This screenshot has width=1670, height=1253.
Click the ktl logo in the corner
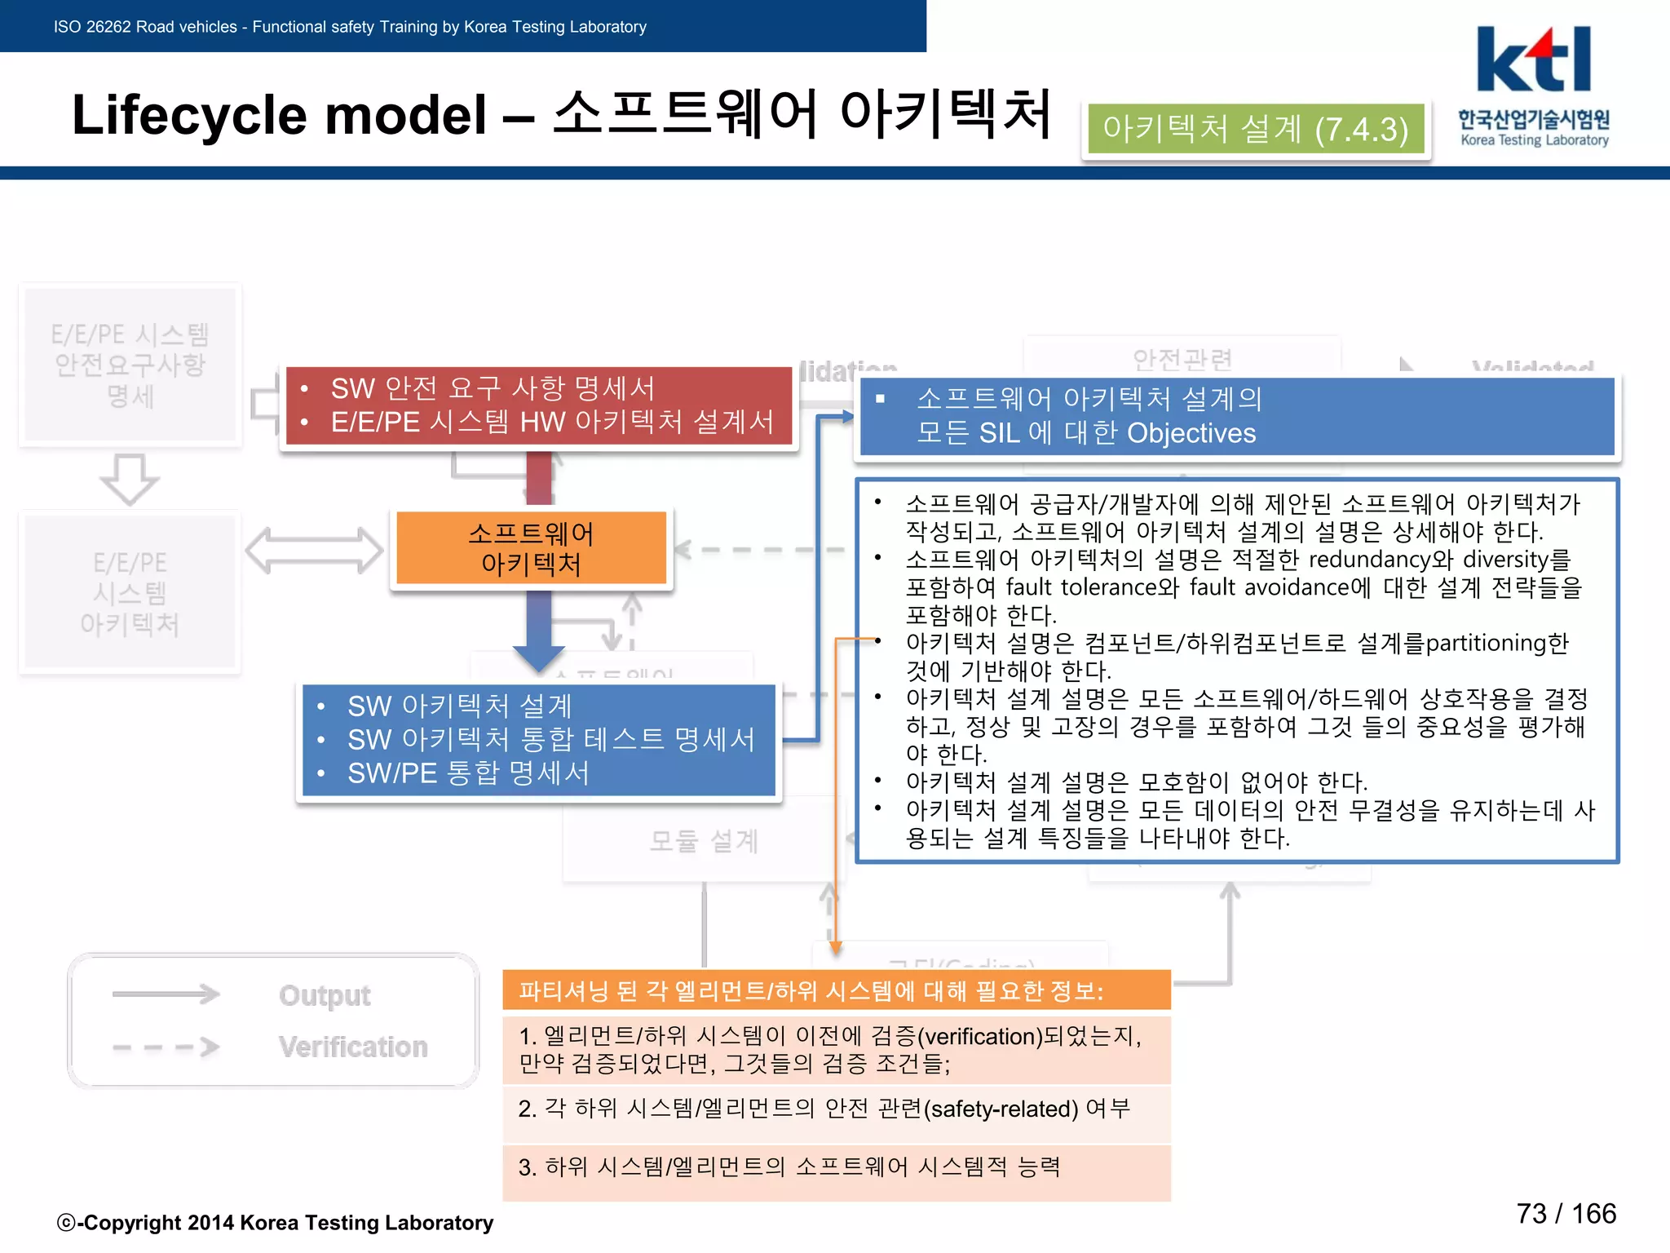[1533, 61]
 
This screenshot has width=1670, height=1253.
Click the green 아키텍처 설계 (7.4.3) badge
[1256, 129]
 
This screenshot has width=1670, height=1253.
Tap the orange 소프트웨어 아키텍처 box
[531, 548]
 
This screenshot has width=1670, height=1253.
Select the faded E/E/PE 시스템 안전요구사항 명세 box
[130, 364]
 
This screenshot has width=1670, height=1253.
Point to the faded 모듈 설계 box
[704, 840]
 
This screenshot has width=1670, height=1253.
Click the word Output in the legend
[325, 995]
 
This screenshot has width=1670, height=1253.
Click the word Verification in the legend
[353, 1047]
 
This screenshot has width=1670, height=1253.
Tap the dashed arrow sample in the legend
[166, 1047]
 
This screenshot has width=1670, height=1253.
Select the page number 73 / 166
[1566, 1214]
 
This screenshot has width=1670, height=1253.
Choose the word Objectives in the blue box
[1191, 433]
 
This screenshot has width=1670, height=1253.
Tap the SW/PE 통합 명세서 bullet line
[468, 773]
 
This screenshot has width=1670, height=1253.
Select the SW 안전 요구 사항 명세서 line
[493, 388]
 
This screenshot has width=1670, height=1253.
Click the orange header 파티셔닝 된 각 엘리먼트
[811, 991]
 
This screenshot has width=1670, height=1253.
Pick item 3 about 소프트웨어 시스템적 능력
[789, 1167]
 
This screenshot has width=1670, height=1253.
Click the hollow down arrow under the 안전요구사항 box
[130, 478]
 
